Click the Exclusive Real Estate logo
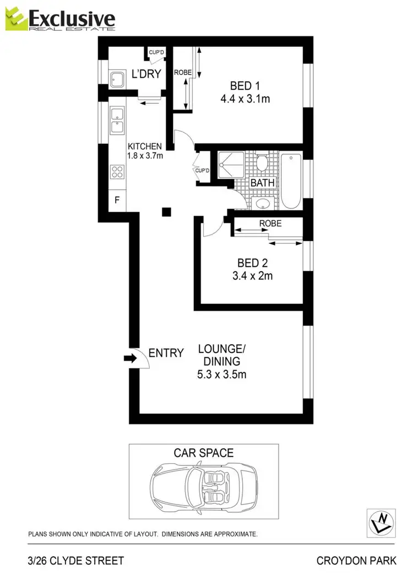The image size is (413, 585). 61,20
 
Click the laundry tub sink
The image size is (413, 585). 117,80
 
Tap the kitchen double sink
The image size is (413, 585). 117,120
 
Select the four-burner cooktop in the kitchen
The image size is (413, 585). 117,171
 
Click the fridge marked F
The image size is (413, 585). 117,200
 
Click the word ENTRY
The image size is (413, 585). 166,353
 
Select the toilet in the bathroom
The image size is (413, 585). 263,163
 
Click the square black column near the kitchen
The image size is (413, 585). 166,211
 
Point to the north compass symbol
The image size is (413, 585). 380,520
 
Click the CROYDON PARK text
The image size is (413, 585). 356,561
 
